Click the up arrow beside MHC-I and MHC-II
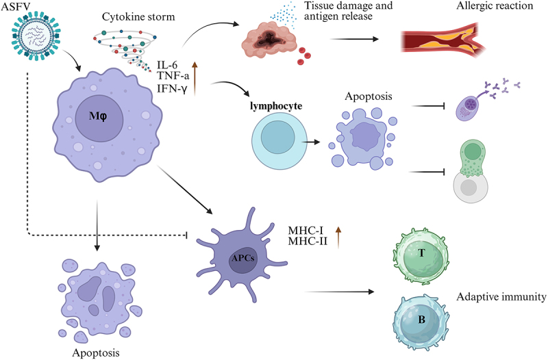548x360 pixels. pos(337,236)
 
